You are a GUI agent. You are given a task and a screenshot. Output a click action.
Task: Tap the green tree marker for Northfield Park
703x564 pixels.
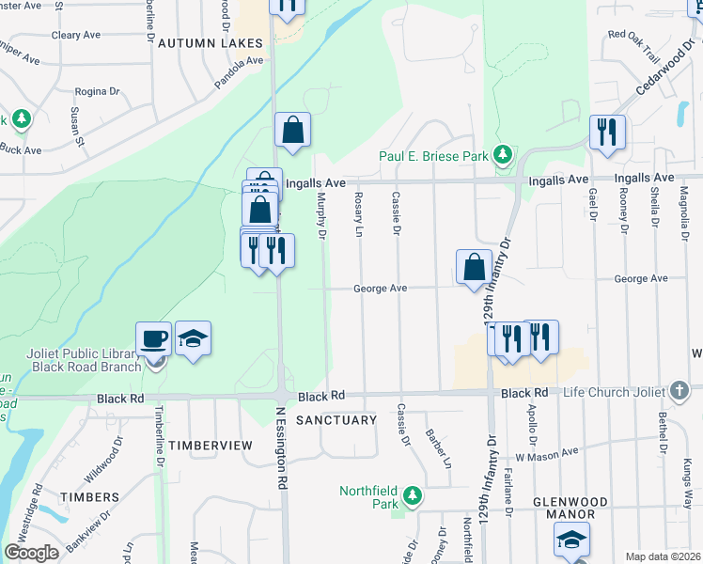tap(411, 494)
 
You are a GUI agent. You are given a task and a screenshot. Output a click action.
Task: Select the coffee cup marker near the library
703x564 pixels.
tap(154, 338)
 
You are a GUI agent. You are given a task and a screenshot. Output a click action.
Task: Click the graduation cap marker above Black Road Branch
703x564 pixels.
tap(193, 338)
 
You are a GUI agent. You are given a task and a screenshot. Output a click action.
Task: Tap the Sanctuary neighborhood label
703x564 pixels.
tap(336, 420)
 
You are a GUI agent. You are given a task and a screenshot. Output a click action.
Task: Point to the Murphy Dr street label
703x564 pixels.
tap(320, 216)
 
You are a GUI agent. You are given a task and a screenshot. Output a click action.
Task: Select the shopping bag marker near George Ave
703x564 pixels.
tap(475, 266)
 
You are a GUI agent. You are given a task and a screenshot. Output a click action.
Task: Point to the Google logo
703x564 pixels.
tap(31, 553)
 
